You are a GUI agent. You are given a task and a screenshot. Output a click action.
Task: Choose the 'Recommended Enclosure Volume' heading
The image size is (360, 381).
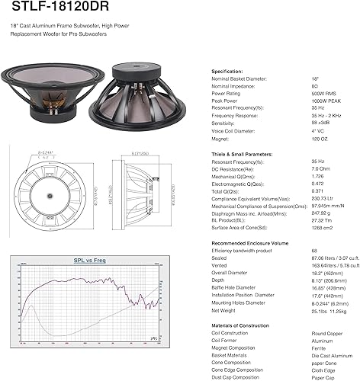click(249, 242)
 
